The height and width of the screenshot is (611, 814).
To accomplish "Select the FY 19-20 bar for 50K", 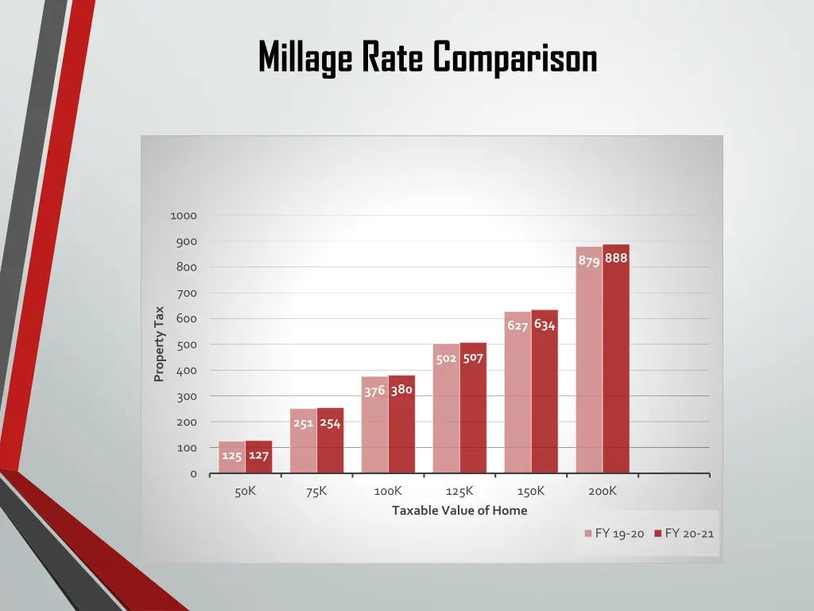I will click(x=232, y=457).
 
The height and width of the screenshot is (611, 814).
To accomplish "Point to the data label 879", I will click(x=589, y=262).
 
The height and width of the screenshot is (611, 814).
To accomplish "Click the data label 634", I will click(x=545, y=325).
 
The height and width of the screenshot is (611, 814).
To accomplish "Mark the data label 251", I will click(x=303, y=423).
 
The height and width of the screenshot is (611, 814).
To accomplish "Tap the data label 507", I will click(x=473, y=359).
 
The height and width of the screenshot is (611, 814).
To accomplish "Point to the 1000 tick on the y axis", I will click(x=183, y=216).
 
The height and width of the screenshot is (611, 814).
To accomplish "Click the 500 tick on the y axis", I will click(x=187, y=345).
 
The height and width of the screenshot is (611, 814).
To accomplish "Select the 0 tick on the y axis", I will click(x=193, y=474).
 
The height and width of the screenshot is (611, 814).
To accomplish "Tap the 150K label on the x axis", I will click(x=530, y=492).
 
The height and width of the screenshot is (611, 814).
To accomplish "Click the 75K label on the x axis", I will click(x=316, y=492).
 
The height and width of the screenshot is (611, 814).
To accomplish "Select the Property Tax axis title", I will click(x=159, y=344).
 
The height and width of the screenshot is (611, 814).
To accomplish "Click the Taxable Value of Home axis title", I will click(x=459, y=511).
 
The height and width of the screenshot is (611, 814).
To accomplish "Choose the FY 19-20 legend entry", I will click(x=614, y=533).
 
